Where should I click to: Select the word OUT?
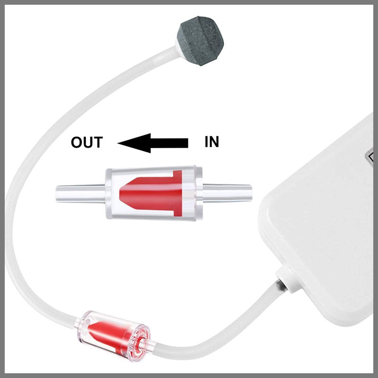click(86, 142)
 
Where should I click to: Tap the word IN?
click(212, 142)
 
